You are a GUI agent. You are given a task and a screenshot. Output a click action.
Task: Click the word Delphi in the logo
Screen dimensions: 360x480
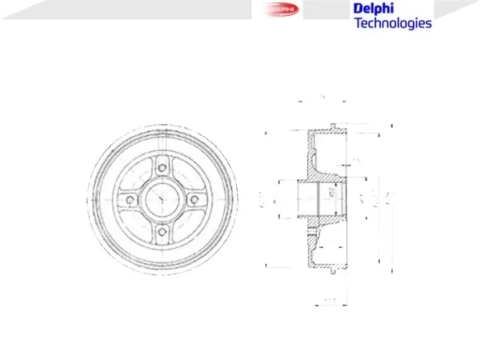point(373,8)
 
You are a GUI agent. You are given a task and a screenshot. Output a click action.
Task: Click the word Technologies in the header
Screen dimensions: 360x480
point(392,23)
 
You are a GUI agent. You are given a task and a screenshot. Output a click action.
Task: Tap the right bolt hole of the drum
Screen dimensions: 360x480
point(194,199)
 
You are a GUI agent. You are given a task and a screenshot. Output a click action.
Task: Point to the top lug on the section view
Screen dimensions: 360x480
point(332,126)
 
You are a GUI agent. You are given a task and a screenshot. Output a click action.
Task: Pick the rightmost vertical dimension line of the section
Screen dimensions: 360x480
point(391,199)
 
